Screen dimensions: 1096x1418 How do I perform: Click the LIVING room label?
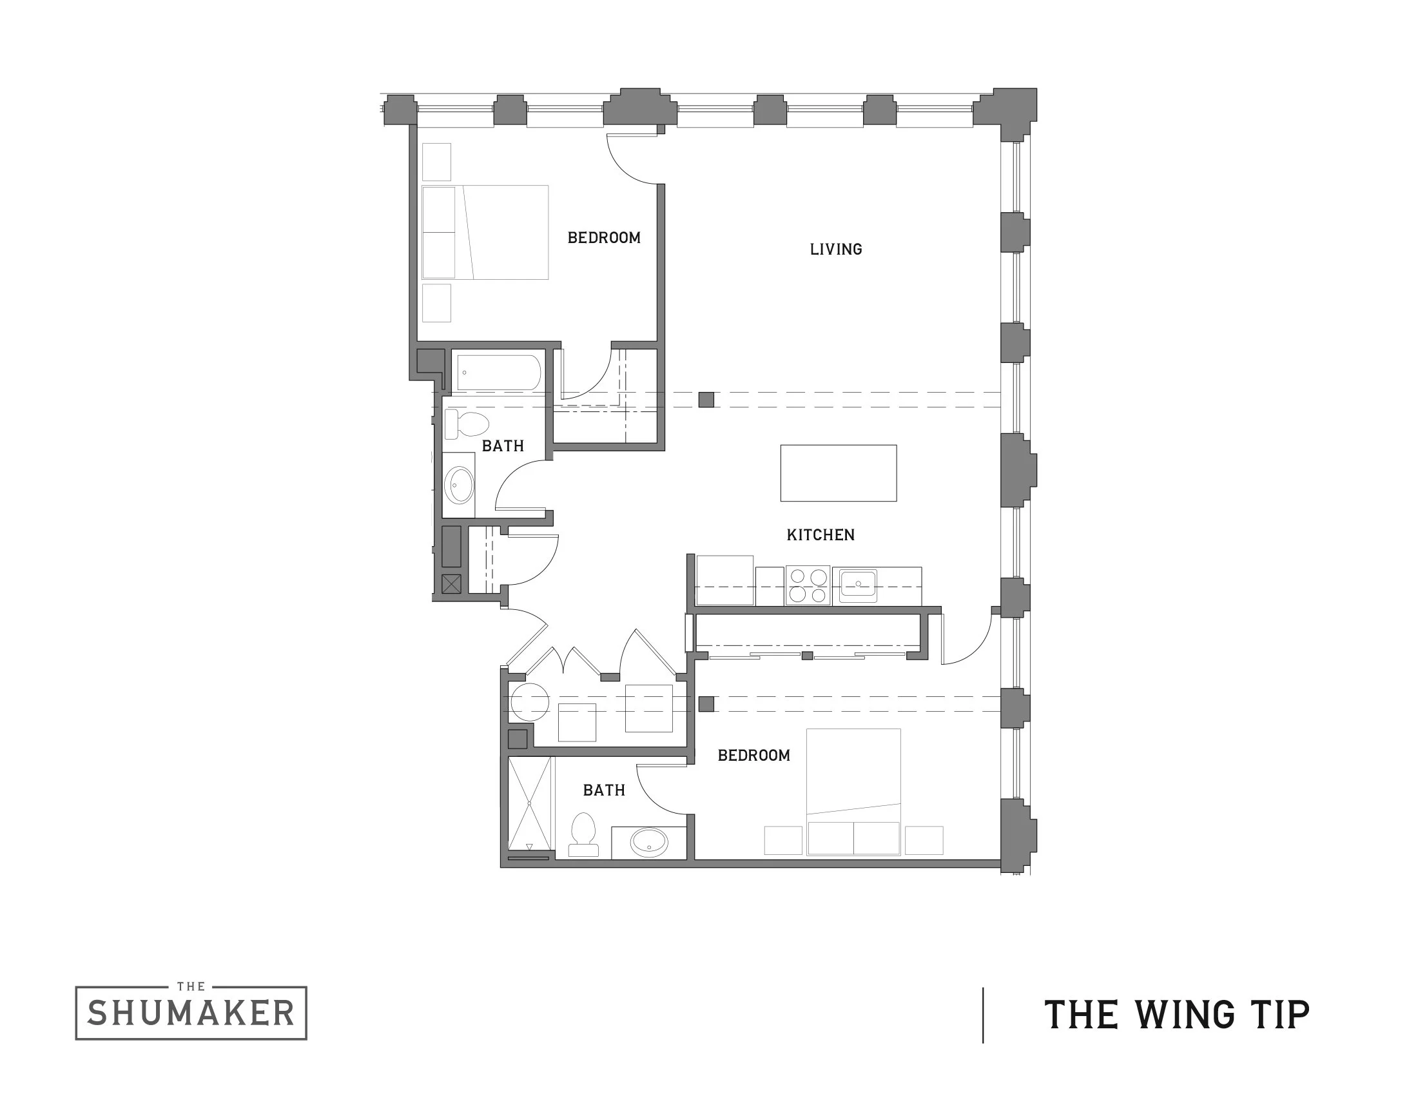[x=835, y=250]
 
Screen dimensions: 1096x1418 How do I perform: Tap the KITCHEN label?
[x=820, y=535]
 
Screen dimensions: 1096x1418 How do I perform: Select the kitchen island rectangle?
[x=838, y=473]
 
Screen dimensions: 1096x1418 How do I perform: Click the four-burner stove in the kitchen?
[x=807, y=585]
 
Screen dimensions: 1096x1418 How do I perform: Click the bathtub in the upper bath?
[x=499, y=372]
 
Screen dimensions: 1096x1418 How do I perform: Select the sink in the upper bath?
[x=460, y=485]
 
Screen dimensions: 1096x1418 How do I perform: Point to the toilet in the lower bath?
[x=583, y=834]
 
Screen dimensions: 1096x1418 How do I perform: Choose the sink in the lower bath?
[x=648, y=843]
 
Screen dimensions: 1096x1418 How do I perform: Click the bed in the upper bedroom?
[x=485, y=233]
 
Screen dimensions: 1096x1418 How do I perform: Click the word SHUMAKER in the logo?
[x=191, y=1013]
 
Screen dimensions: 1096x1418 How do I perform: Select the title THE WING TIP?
[x=1176, y=1015]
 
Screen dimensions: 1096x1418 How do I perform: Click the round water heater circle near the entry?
[x=529, y=703]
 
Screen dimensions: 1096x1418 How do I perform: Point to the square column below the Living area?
[x=706, y=400]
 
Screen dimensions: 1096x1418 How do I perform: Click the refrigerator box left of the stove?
[x=724, y=580]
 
